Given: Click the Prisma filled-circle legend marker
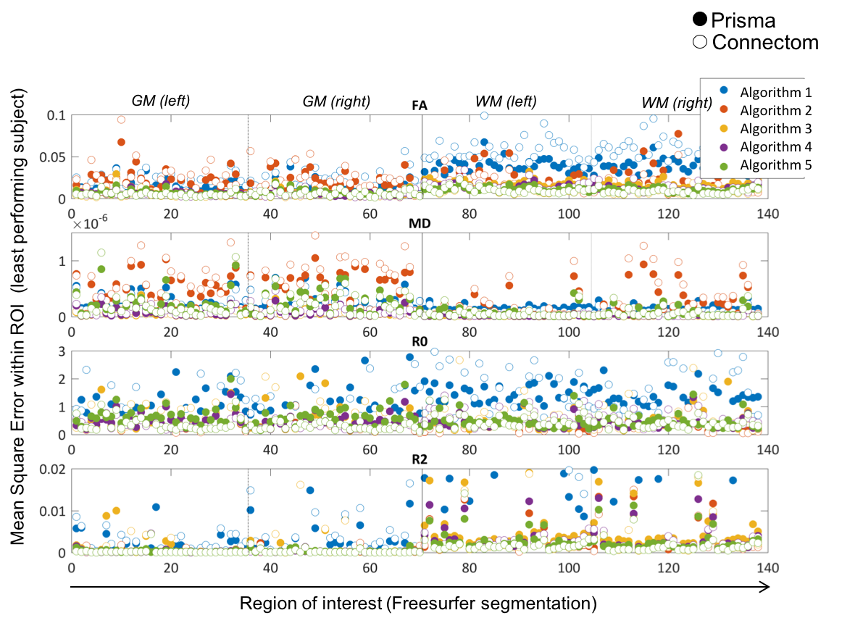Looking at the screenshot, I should tap(700, 20).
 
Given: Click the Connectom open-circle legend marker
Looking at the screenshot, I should tap(700, 42).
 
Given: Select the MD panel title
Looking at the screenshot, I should tap(420, 223).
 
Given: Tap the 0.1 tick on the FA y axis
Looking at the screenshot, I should tap(56, 116).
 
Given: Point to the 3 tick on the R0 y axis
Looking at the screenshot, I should tap(62, 351).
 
